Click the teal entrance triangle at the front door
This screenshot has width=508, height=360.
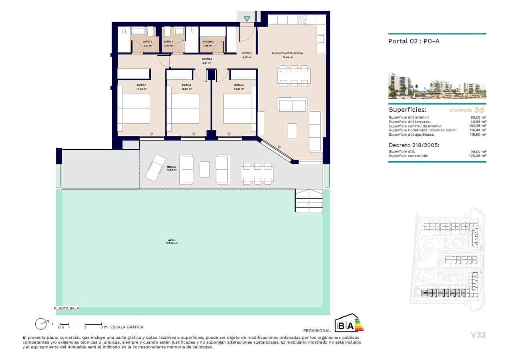click(x=247, y=18)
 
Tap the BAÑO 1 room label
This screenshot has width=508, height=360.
click(x=148, y=41)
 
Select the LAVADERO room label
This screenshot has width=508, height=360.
click(x=207, y=41)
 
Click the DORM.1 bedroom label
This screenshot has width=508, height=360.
click(x=141, y=85)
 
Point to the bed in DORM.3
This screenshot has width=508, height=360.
click(x=239, y=109)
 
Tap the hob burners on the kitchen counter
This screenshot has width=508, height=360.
click(x=302, y=20)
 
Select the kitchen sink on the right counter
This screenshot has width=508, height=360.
click(x=321, y=39)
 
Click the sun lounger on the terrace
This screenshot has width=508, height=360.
click(x=155, y=167)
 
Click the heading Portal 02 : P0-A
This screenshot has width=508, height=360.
click(x=414, y=41)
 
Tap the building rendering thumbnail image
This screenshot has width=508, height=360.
click(x=437, y=86)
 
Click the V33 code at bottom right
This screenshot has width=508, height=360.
click(x=478, y=335)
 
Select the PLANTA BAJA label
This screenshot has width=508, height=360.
click(x=67, y=308)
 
